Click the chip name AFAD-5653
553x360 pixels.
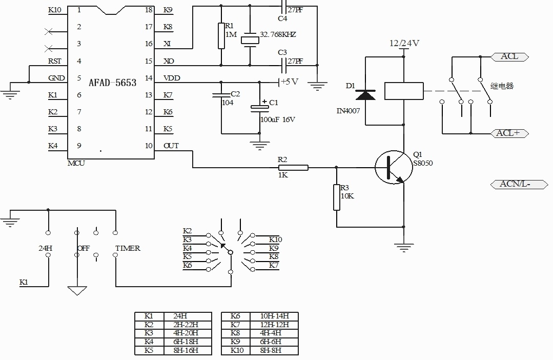click(113, 83)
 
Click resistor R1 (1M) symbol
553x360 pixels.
click(221, 36)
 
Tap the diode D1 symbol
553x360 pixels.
click(365, 95)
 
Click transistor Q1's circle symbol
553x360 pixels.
click(394, 167)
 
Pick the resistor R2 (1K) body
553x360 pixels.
click(293, 168)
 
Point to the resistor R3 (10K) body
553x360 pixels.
click(337, 197)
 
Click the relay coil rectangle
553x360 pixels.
click(404, 91)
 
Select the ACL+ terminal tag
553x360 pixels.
click(510, 133)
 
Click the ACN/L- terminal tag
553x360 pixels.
click(519, 184)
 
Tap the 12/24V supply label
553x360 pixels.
click(404, 43)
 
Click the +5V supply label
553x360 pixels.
click(290, 82)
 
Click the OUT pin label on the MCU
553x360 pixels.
click(171, 146)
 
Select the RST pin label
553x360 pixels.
click(55, 61)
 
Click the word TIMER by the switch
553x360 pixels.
click(128, 248)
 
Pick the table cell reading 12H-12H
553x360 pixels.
click(274, 325)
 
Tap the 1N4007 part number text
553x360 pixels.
click(349, 111)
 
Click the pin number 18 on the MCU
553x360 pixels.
click(149, 10)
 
